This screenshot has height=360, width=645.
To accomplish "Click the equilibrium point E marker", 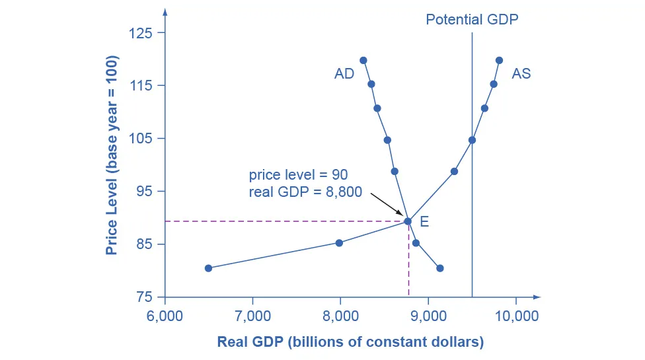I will click(408, 221).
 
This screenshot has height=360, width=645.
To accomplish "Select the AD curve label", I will click(344, 74).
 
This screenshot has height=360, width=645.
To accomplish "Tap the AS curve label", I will click(521, 74).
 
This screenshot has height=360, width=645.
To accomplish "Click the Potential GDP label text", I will click(472, 19).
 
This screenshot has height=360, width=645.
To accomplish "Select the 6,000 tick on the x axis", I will click(165, 315).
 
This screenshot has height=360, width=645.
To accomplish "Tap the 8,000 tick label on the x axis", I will click(340, 315).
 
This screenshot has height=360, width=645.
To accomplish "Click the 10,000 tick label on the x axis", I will click(516, 315).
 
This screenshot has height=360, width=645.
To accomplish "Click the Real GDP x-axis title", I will click(350, 342).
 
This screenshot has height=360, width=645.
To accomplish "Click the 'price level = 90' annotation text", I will click(298, 175).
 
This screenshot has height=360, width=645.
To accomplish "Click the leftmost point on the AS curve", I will click(208, 268).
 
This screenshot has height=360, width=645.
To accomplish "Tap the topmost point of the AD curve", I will click(363, 60).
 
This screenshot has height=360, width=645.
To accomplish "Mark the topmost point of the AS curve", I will click(499, 60).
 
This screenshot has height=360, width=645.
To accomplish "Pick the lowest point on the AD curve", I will click(440, 268).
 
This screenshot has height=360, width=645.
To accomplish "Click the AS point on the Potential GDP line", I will click(472, 140).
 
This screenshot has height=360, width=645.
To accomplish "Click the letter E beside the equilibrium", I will click(424, 222).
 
